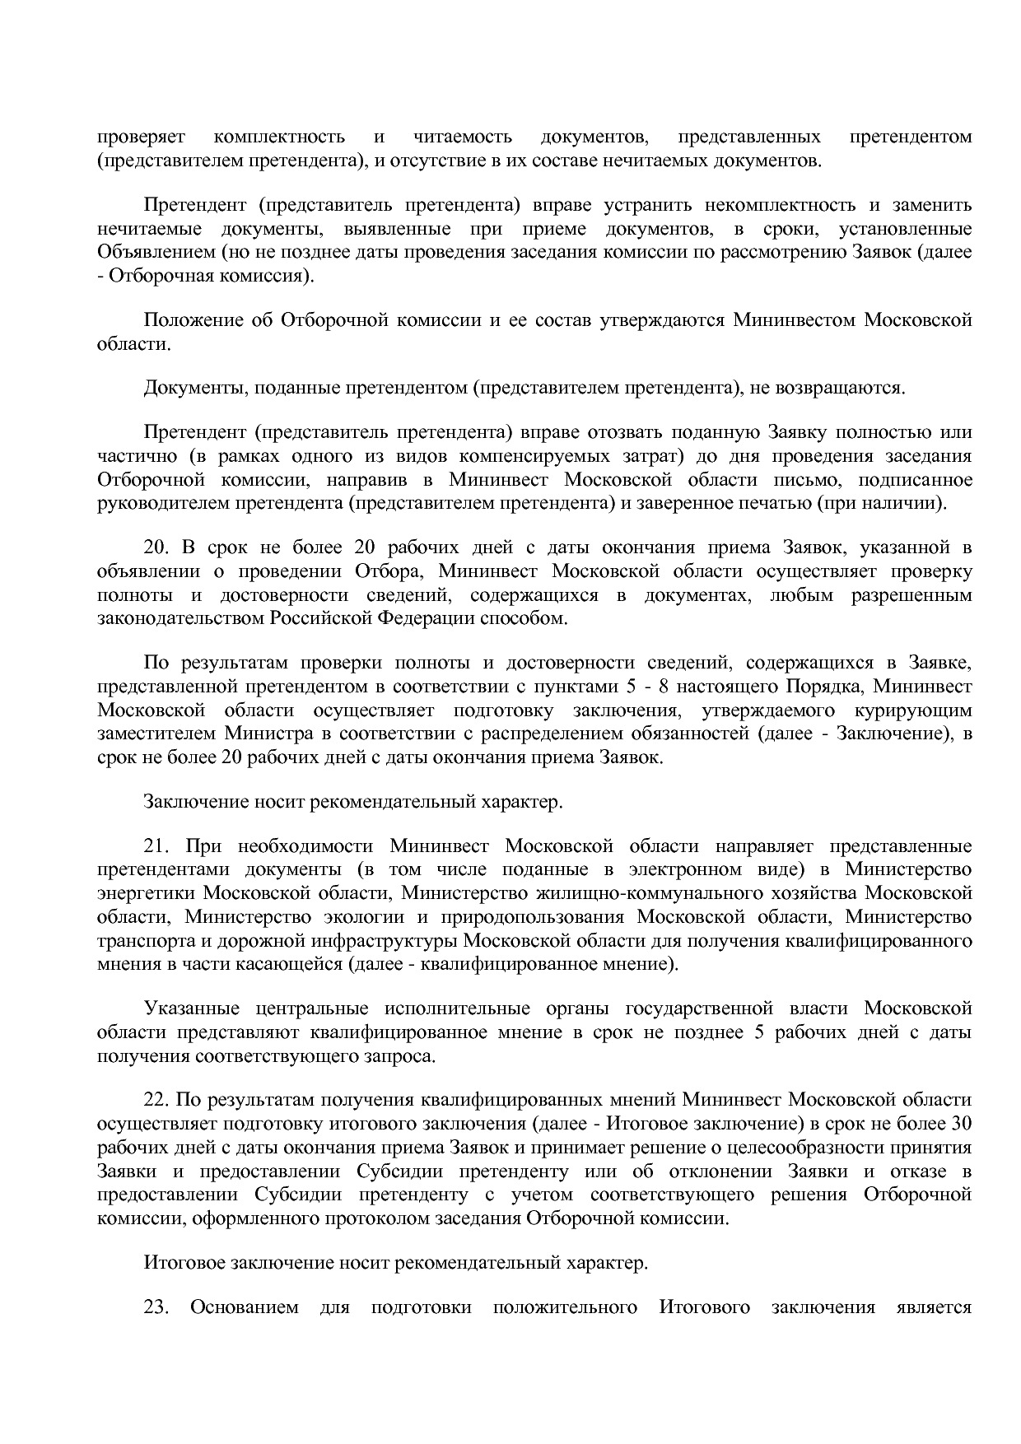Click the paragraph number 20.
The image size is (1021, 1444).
click(x=155, y=547)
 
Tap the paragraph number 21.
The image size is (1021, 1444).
click(x=155, y=845)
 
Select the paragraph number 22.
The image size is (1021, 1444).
click(x=155, y=1099)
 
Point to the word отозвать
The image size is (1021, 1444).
click(x=631, y=431)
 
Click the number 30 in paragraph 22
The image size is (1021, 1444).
click(x=961, y=1123)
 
